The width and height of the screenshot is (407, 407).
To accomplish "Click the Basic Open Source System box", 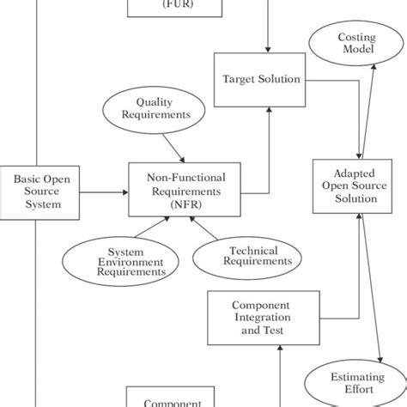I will coord(37,190).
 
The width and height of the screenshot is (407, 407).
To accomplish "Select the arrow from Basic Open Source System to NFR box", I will coord(99,190).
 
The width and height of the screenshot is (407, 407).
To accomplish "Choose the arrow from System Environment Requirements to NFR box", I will coord(143,229).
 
